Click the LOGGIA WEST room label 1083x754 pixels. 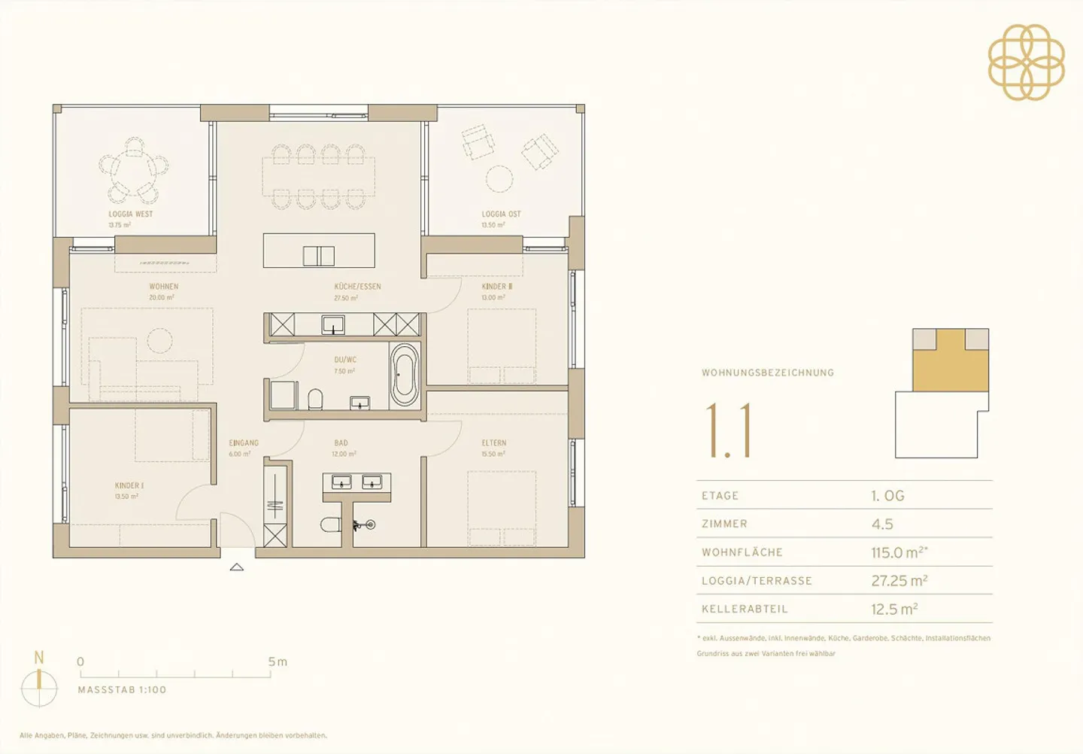[x=130, y=214]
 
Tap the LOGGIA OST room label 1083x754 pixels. [x=501, y=214]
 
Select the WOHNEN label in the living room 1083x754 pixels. [x=163, y=287]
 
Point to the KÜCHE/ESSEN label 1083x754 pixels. [x=357, y=287]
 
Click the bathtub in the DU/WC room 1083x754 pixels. [x=405, y=375]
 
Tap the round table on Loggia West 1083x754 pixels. [x=134, y=172]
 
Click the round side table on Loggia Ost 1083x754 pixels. [x=499, y=179]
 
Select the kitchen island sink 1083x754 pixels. [x=318, y=256]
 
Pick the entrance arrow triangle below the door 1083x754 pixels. [x=237, y=567]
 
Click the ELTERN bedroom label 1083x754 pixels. [x=494, y=443]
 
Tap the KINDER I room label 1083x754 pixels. [x=129, y=486]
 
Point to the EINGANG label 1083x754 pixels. [x=244, y=443]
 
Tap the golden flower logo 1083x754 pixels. [x=1026, y=62]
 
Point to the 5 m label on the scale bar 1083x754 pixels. [x=278, y=662]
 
